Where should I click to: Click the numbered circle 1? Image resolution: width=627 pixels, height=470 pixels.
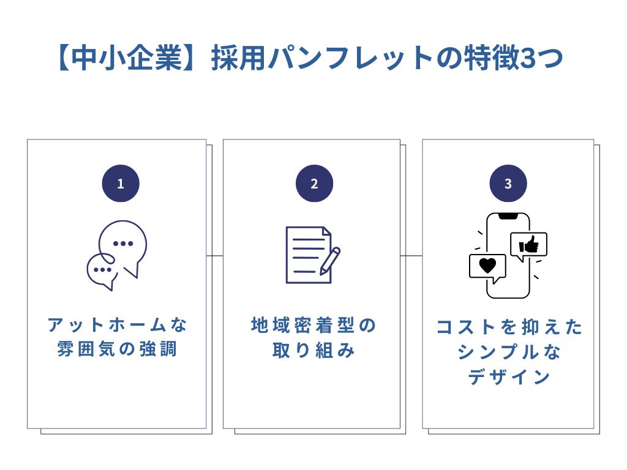120,184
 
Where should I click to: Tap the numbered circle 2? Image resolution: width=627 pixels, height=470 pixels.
314,184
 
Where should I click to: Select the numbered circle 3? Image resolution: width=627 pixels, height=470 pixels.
508,184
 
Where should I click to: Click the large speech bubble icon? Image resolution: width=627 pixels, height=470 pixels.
124,246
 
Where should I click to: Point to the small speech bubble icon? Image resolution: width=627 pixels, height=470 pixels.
102,271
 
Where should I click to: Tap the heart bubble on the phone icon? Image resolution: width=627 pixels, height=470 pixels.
487,267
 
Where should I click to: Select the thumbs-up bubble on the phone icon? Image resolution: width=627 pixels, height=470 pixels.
528,245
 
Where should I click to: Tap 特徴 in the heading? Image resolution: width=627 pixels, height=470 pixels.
477,59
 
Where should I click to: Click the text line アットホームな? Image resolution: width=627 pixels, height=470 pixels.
118,325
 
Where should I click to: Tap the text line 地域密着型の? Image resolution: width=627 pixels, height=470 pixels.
313,325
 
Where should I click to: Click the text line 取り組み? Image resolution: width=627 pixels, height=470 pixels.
313,351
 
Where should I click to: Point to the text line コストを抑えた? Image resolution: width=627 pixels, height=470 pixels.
509,327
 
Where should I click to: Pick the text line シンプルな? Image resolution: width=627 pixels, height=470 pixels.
509,352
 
